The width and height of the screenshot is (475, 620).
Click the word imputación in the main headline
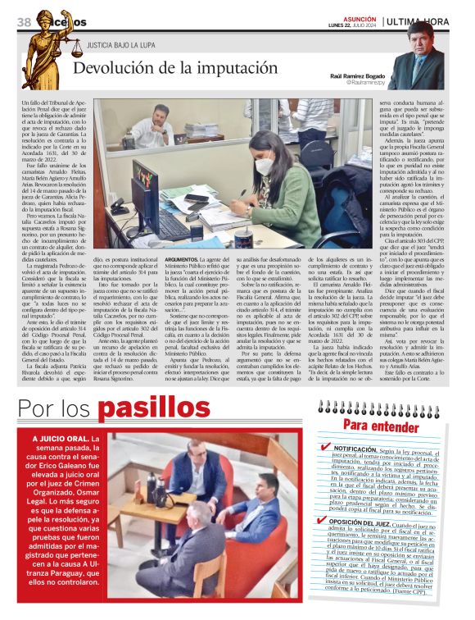[x=231, y=70]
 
